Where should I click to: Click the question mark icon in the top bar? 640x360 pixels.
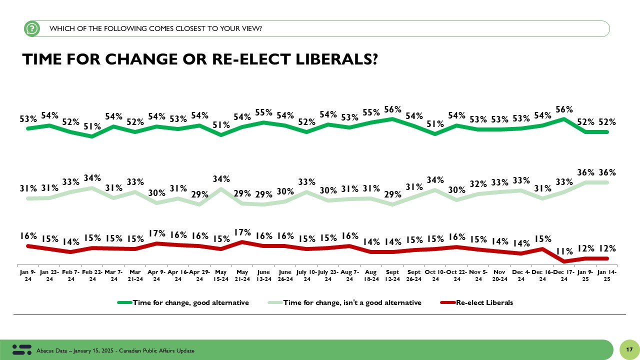32,29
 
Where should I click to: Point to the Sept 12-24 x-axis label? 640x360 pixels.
392,276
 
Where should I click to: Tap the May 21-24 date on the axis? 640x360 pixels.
242,276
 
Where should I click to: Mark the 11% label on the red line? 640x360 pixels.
564,251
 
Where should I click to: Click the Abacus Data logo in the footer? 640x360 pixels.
21,349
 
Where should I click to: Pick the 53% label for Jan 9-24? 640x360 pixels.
28,119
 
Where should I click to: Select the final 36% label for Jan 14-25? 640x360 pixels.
607,172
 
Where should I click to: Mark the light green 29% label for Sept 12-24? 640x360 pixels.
393,194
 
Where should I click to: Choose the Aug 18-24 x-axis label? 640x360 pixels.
371,276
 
